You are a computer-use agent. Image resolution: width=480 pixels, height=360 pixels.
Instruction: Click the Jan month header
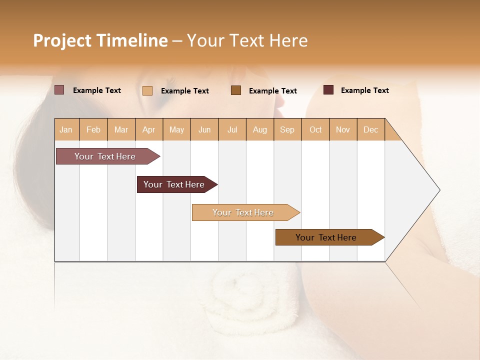tap(66, 129)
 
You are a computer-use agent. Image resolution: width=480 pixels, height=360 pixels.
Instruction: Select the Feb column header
tap(93, 129)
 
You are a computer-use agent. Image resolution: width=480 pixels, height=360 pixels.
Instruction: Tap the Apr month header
tap(148, 129)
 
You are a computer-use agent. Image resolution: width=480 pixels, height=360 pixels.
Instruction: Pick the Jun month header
tap(204, 129)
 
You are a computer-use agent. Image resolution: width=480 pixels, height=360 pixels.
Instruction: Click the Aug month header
tap(259, 129)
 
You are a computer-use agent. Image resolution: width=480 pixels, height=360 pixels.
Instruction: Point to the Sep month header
tap(287, 129)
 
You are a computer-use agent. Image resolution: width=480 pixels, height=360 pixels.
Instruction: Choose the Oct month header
tap(315, 129)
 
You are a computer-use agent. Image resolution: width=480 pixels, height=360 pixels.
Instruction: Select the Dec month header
tap(370, 129)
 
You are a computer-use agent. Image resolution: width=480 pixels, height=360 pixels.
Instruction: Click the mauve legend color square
tap(59, 90)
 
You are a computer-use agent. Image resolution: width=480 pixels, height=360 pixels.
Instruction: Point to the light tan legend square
tap(147, 90)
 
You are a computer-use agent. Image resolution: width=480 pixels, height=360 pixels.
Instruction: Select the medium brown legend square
tap(236, 90)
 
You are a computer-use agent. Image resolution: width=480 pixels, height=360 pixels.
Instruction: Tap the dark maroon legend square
tap(328, 90)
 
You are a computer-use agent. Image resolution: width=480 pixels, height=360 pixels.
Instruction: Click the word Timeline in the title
tap(131, 40)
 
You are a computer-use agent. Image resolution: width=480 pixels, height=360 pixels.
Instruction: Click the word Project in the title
tap(62, 40)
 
